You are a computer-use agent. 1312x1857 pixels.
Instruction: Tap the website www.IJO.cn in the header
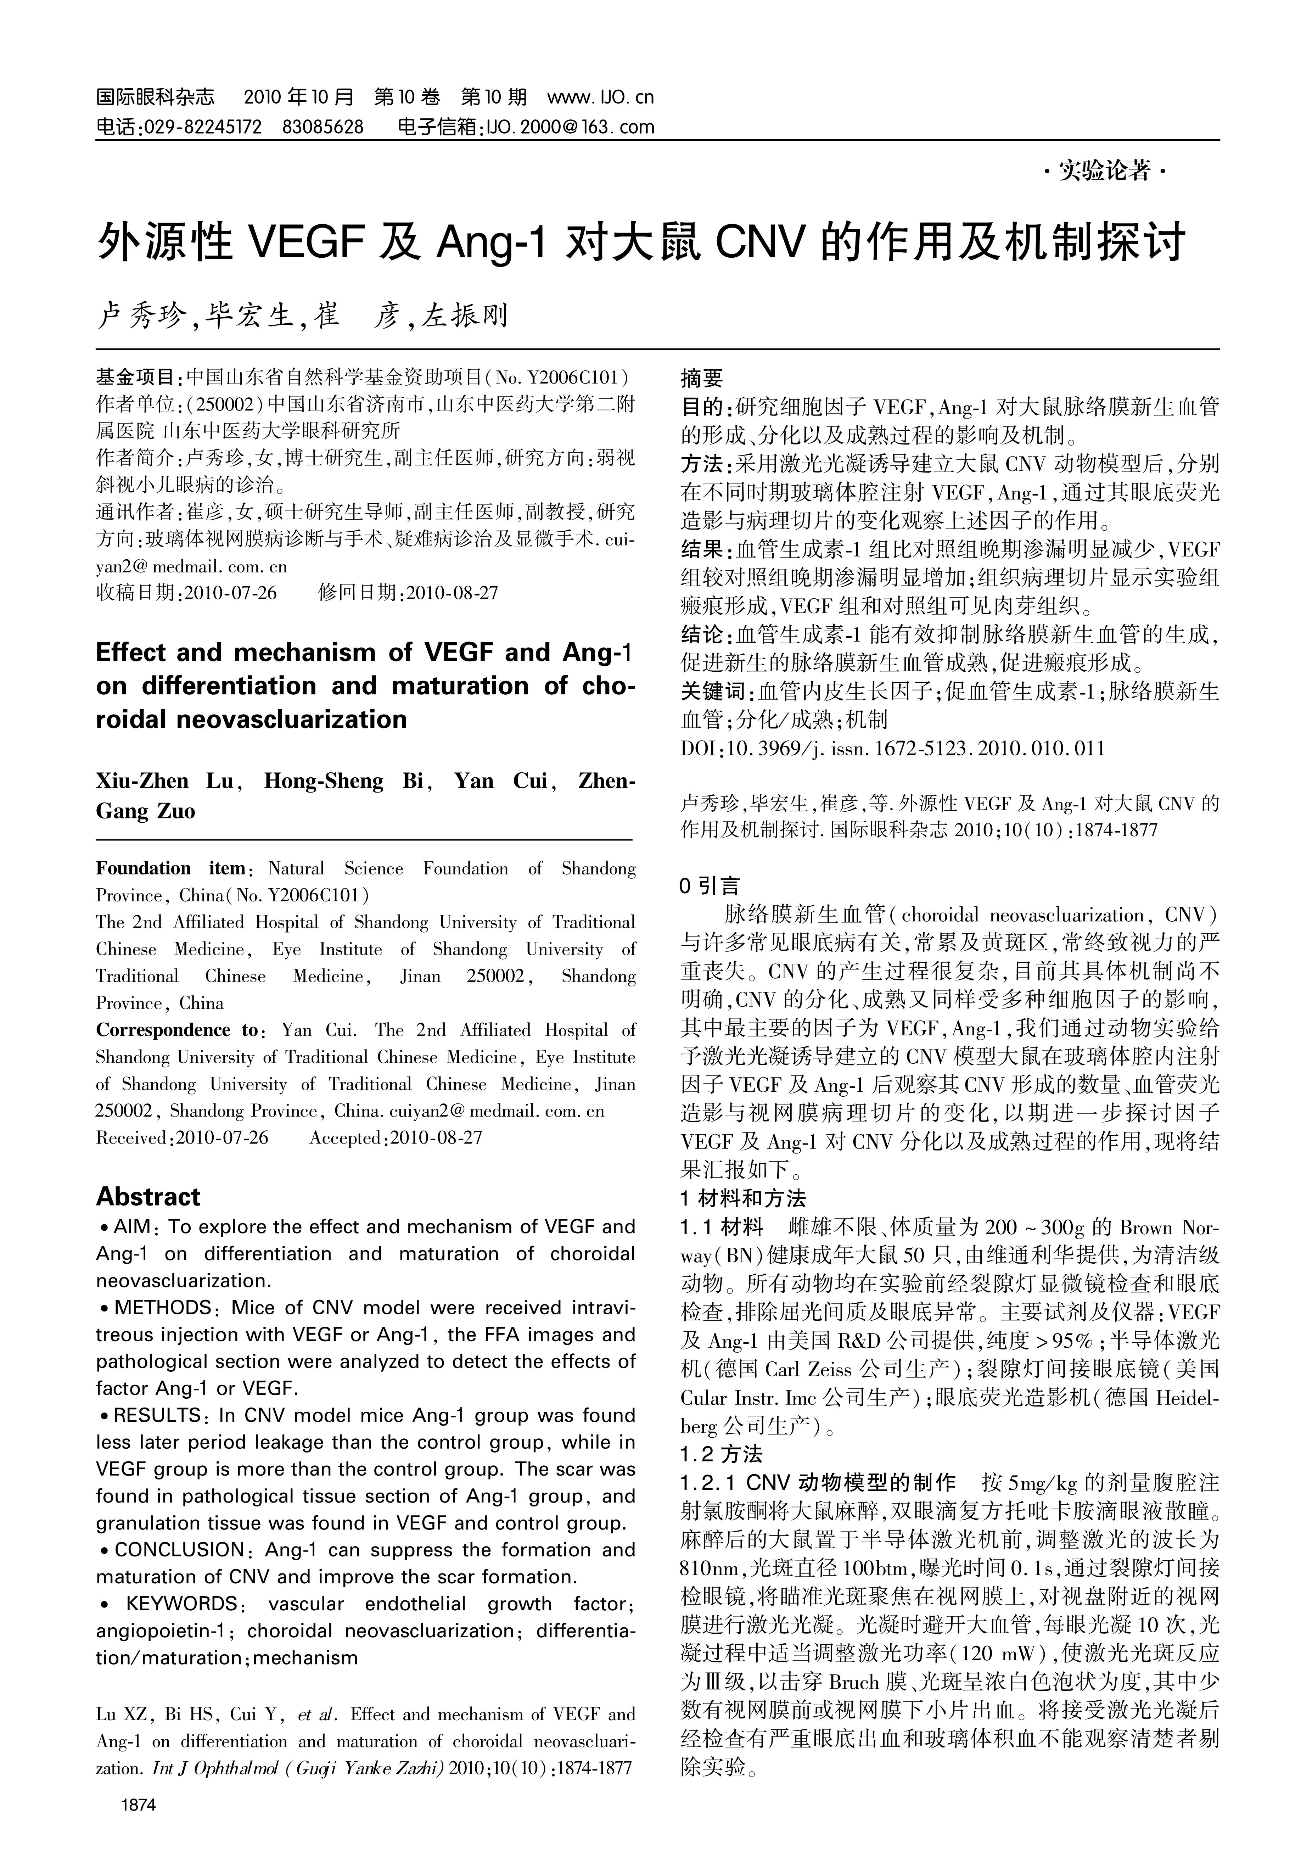600,98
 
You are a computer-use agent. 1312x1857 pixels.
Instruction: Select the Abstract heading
148,1197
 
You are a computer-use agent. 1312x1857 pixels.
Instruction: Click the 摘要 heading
701,378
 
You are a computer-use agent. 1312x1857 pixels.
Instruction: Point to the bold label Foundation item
170,869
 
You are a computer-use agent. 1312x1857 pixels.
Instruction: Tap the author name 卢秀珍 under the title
141,315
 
